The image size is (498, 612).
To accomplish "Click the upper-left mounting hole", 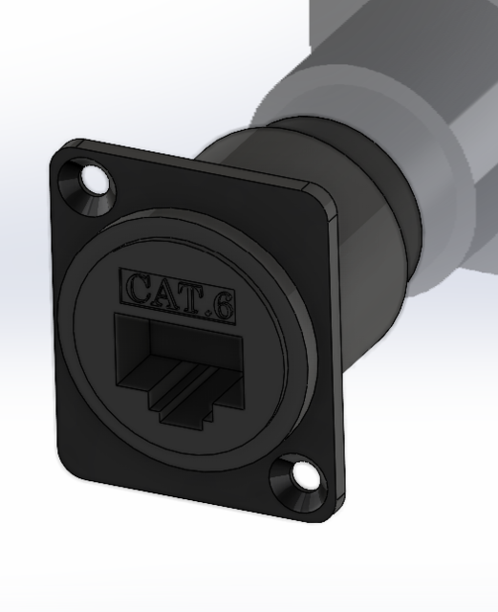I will (96, 179).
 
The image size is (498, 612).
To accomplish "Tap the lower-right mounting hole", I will (306, 474).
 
